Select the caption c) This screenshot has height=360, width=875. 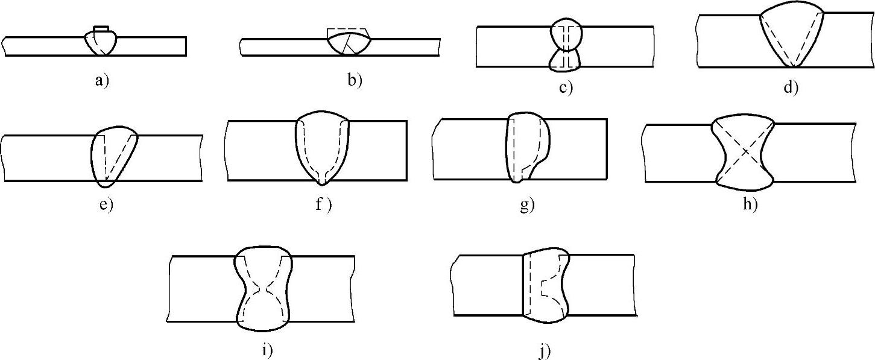[x=565, y=88]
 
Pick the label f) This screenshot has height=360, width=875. [x=324, y=204]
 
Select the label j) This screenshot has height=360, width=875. [x=545, y=350]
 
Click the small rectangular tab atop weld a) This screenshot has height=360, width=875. [x=101, y=28]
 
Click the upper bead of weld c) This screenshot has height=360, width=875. [x=567, y=34]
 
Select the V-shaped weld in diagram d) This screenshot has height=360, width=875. [x=791, y=36]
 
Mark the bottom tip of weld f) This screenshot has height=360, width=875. [x=324, y=180]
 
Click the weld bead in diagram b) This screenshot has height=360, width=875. [x=349, y=43]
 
